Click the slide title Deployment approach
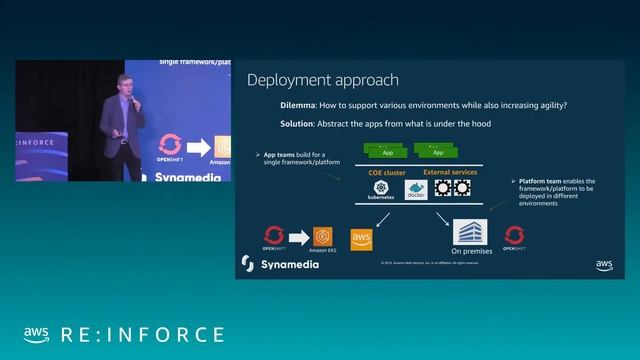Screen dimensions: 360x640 (322, 80)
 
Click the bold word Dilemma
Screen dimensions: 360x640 (298, 105)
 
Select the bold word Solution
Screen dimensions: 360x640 (298, 123)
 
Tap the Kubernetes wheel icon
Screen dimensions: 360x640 (381, 188)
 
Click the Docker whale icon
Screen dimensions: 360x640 (415, 189)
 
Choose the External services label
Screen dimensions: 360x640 (450, 173)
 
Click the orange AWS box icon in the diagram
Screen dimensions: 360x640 (362, 238)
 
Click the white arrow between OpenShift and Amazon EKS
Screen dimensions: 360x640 (298, 235)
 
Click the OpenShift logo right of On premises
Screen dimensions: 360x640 (514, 235)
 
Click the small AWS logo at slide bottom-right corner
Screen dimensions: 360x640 (604, 265)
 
